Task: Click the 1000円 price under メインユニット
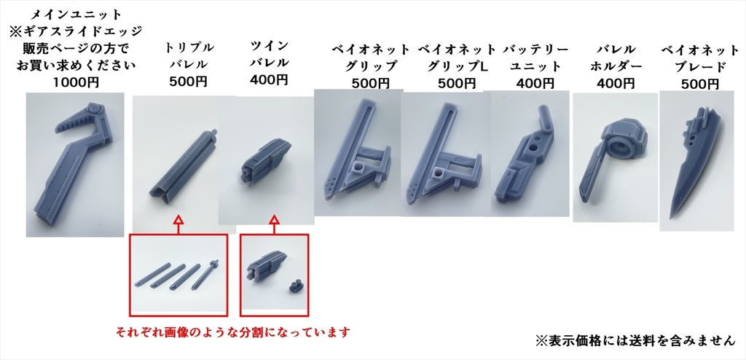tap(76, 82)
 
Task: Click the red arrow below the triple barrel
tap(178, 220)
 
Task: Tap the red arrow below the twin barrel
tap(274, 220)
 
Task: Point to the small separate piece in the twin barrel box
tap(295, 285)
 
